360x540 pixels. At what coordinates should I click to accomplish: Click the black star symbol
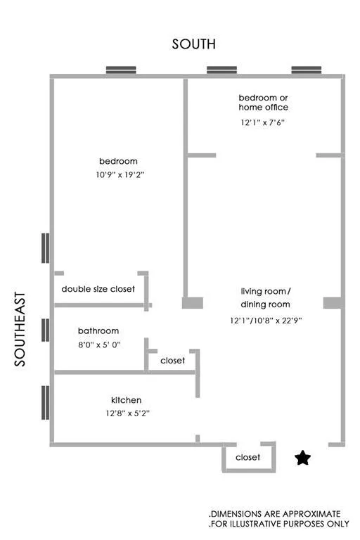point(303,458)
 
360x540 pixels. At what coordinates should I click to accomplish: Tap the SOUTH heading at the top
point(194,44)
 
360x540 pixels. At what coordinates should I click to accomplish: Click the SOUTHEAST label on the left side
point(20,328)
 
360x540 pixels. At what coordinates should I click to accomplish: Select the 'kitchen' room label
point(126,400)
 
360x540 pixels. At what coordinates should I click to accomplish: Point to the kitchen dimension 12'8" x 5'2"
point(126,413)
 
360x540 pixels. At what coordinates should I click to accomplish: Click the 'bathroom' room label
point(98,330)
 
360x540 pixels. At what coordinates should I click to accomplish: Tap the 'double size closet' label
point(98,289)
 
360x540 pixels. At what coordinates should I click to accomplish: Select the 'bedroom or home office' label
point(263,102)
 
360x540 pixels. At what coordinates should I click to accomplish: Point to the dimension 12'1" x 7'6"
point(263,122)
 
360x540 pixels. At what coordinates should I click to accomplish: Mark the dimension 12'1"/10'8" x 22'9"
point(265,320)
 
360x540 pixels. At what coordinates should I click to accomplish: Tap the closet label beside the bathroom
point(173,361)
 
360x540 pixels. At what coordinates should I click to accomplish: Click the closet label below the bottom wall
point(247,457)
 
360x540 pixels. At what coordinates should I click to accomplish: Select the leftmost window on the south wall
point(121,70)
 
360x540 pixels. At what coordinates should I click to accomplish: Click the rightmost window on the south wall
point(307,70)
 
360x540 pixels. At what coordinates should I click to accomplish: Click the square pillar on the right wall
point(333,303)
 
